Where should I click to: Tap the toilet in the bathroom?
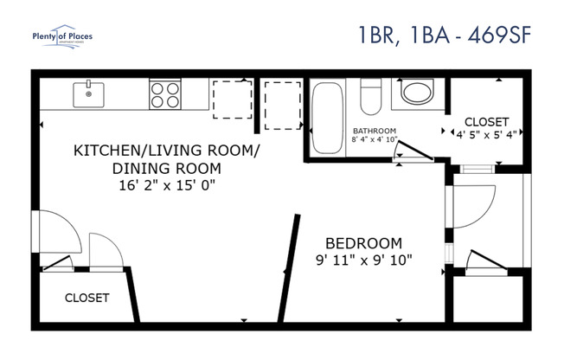371,96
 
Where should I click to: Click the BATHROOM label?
374,131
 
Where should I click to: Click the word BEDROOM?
363,242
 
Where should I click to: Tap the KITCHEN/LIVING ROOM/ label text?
165,151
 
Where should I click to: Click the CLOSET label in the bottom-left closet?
87,298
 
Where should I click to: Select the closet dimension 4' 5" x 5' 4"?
486,134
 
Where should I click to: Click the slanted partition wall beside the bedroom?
285,269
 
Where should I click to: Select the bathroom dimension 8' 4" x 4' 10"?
374,139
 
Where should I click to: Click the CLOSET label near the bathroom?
486,121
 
